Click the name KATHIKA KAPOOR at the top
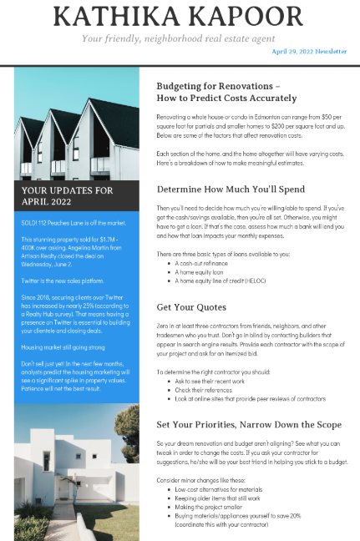click(x=180, y=18)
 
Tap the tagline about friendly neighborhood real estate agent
click(x=180, y=38)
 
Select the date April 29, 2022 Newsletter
click(x=309, y=52)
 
